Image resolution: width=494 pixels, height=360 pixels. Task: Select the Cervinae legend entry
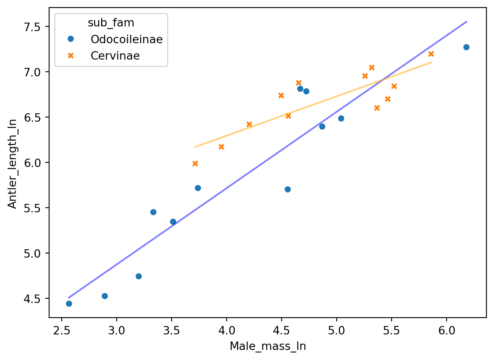pos(115,56)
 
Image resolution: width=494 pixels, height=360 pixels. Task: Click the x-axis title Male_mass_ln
pos(267,347)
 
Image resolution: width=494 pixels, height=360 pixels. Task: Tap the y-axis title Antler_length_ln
pos(13,163)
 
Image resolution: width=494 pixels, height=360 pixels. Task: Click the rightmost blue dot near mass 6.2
pos(466,47)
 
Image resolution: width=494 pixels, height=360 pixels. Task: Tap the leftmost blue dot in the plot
pos(69,304)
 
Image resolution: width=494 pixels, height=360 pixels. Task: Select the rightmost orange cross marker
pos(431,54)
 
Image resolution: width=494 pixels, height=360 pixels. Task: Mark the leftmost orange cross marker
pos(195,163)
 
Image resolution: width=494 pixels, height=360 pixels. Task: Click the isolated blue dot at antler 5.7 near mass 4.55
pos(288,189)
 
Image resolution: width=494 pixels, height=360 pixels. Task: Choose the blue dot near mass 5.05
pos(341,118)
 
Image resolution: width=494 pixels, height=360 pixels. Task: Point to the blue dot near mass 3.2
pos(139,276)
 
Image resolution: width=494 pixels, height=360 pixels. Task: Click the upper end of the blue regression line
pos(466,21)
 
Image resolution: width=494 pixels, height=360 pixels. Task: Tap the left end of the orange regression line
pos(195,147)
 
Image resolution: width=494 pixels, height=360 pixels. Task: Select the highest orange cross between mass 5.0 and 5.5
pos(371,68)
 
